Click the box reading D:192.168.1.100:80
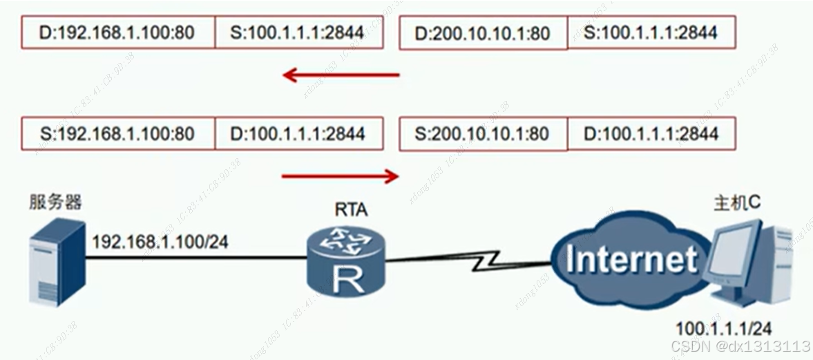[x=117, y=32]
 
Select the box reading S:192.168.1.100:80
[x=117, y=133]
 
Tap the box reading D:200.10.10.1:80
[x=484, y=32]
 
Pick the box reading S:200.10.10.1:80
[x=484, y=133]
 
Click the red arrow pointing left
[x=341, y=75]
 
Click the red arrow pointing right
[x=341, y=177]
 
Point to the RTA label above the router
[x=350, y=209]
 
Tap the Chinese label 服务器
[x=55, y=202]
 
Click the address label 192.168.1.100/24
[x=160, y=241]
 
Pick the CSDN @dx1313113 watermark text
[x=740, y=345]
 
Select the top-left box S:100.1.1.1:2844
[x=298, y=32]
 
